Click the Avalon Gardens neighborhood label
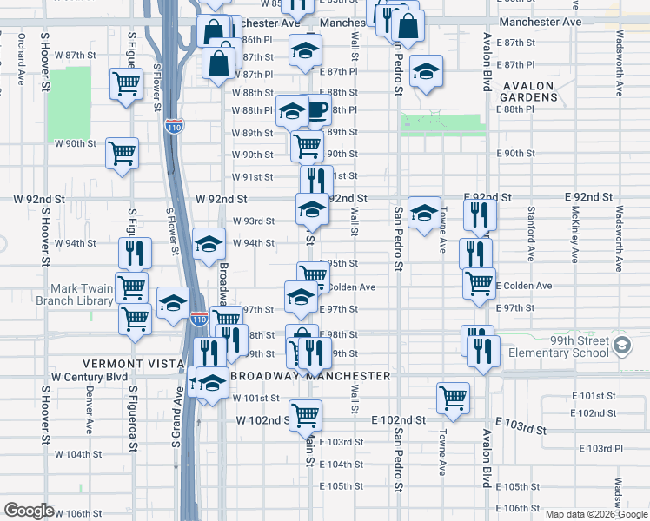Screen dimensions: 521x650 click(x=527, y=91)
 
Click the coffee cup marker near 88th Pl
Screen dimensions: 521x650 click(x=316, y=109)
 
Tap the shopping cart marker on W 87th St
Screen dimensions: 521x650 click(x=126, y=85)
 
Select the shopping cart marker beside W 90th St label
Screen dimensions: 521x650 click(x=122, y=154)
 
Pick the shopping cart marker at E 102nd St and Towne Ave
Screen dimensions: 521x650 click(x=453, y=398)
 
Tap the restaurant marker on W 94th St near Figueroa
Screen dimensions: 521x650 click(x=135, y=252)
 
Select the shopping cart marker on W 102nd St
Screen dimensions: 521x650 click(x=305, y=415)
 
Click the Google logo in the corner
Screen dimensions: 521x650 click(x=29, y=511)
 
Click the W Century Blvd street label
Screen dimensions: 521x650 click(x=90, y=377)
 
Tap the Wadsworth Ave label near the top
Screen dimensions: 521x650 click(x=619, y=52)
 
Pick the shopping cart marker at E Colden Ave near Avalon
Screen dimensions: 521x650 click(x=479, y=283)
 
